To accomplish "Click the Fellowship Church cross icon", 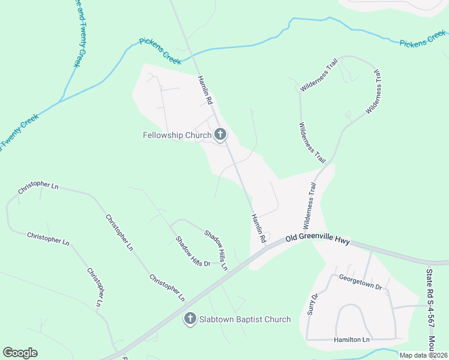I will (220, 135).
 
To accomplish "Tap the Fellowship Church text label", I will (177, 135).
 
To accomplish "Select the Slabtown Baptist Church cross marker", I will (190, 319).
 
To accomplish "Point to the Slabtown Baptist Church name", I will (244, 319).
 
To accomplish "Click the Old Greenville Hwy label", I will (318, 239).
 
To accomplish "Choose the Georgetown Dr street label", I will (360, 282).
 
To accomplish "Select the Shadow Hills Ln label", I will (215, 250).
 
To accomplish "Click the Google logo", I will (20, 353).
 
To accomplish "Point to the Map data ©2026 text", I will (423, 355).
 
